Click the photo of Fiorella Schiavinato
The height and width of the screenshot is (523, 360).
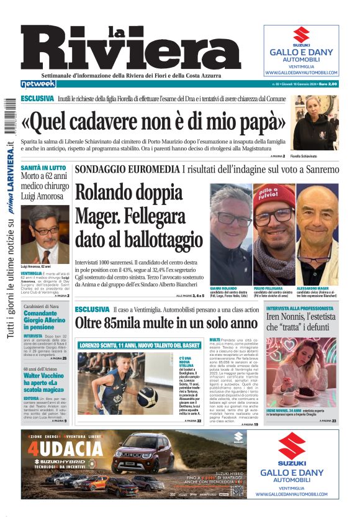pyautogui.click(x=316, y=123)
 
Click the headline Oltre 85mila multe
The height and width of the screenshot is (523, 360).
pyautogui.click(x=157, y=323)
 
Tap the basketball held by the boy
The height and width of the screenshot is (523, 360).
pyautogui.click(x=146, y=397)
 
